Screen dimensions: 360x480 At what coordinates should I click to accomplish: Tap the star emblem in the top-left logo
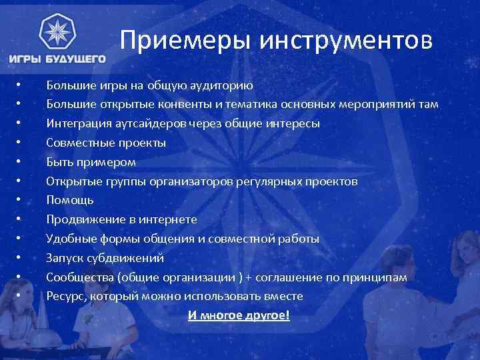[57, 32]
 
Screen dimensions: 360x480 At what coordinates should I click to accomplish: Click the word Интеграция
[77, 123]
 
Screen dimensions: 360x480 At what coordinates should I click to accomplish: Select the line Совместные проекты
[106, 143]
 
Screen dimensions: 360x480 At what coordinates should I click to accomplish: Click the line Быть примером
[91, 162]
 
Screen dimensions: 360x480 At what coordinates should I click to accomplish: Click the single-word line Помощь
[70, 200]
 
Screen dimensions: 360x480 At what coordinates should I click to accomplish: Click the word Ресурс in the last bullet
[64, 296]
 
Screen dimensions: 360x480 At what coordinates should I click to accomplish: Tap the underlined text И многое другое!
[239, 315]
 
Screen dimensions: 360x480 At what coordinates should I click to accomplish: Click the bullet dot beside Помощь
[20, 200]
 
